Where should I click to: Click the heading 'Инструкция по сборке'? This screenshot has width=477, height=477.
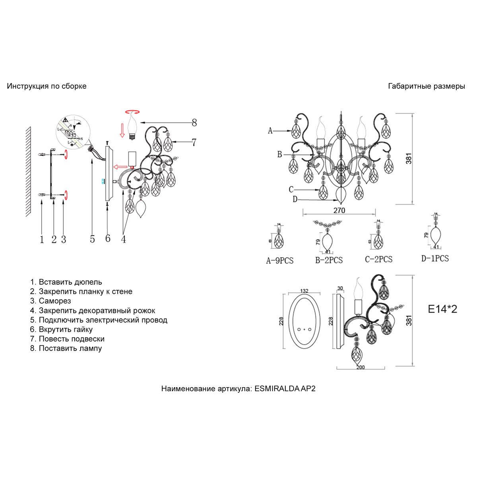coord(47,86)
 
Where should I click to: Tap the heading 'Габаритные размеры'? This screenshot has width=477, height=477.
coord(427,86)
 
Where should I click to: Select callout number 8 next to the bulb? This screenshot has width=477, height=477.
coord(194,122)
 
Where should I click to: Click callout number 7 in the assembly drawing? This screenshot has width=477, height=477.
coord(194,142)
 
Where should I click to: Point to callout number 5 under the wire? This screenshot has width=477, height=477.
coord(93,238)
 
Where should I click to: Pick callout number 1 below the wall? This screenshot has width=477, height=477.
coord(42,239)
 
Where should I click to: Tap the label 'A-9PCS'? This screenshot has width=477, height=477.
coord(279,261)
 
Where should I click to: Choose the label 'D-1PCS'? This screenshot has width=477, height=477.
coord(435,258)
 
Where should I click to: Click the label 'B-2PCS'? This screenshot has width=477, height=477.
coord(329,260)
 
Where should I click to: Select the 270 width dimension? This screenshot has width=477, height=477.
coord(339,210)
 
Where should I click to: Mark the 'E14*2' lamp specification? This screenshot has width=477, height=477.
coord(442,309)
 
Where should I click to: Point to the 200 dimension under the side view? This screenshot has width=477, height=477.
coord(360,367)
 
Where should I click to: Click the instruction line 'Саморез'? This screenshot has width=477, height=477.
coord(54,301)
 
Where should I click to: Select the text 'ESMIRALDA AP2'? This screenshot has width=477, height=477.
coord(285,389)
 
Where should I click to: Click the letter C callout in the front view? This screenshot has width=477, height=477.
coord(291,189)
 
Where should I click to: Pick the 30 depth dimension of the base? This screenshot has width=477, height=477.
coord(340,289)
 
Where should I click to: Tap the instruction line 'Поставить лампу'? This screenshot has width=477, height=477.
coord(70,348)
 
